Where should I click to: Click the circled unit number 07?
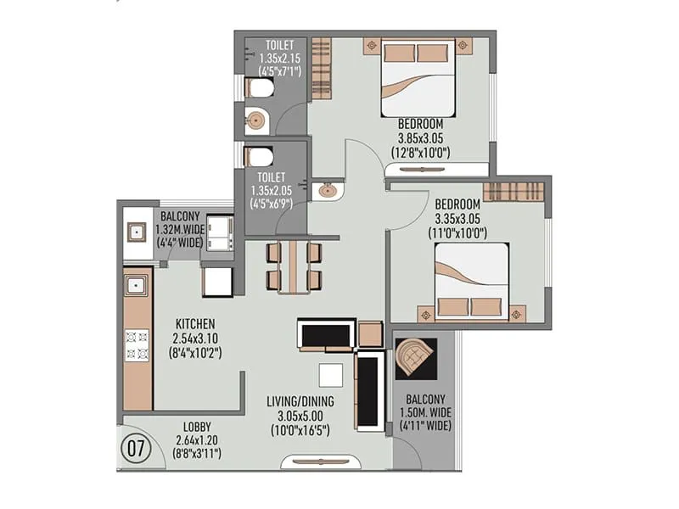click(134, 446)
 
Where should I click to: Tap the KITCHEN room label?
click(195, 324)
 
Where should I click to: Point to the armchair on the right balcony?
click(415, 357)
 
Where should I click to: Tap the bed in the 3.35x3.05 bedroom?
click(472, 282)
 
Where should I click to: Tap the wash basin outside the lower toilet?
click(326, 191)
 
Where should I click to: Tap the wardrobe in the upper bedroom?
click(320, 67)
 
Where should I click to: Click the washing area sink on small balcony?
click(135, 232)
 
